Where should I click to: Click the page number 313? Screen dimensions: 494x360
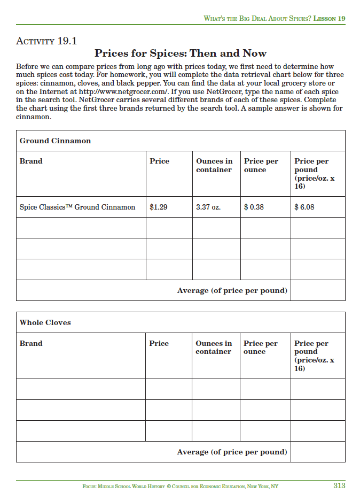[x=339, y=486]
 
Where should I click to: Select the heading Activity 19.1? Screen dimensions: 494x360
[x=47, y=41]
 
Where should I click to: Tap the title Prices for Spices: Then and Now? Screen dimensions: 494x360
[x=181, y=53]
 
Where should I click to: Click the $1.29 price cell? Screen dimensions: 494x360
[x=159, y=207]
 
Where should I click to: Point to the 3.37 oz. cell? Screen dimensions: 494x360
[x=208, y=207]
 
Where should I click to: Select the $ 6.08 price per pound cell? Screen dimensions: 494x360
[x=304, y=207]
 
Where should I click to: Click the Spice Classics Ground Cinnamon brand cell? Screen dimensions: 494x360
[x=77, y=207]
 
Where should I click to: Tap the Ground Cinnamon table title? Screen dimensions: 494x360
[x=55, y=141]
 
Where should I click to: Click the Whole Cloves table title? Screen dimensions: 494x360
[x=45, y=322]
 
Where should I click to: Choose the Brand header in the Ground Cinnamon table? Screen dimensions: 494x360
[x=31, y=161]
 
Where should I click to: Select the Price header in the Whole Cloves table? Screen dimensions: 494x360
[x=159, y=343]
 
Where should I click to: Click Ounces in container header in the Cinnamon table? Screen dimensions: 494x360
[x=214, y=165]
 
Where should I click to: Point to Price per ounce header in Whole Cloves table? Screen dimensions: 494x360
[x=261, y=347]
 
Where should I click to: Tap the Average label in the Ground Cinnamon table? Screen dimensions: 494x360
[x=232, y=290]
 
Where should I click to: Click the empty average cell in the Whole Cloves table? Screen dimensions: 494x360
[x=317, y=452]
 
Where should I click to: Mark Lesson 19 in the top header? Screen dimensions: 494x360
[x=329, y=18]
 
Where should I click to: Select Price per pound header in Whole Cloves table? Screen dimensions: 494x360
[x=314, y=356]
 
